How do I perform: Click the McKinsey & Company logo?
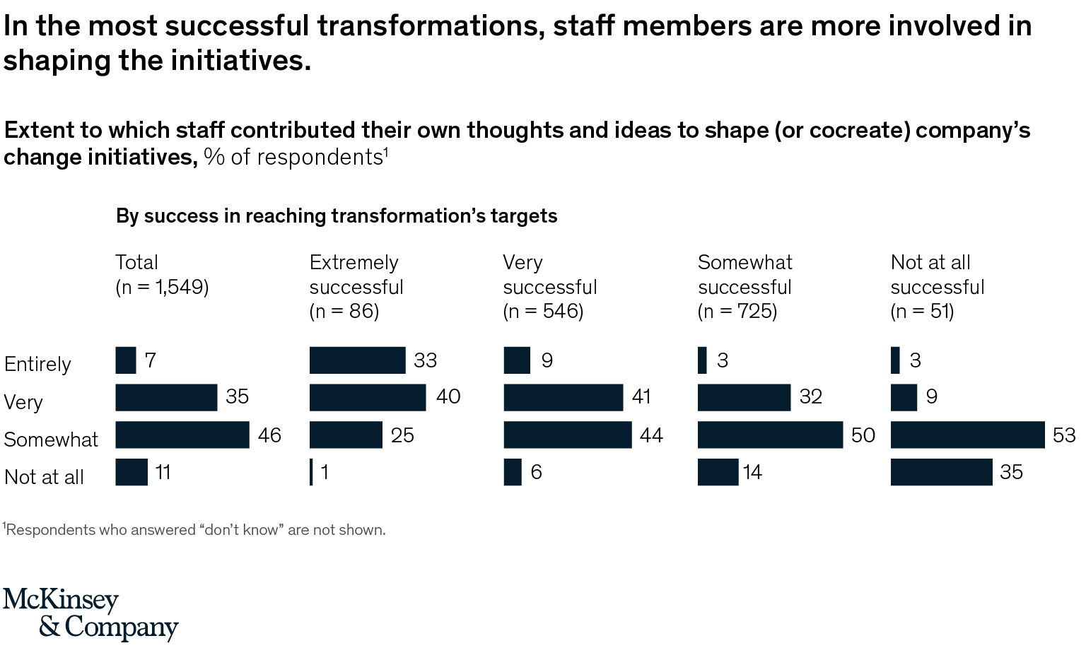point(90,613)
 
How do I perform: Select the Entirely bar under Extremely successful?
point(357,360)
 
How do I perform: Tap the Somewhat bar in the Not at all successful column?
point(967,435)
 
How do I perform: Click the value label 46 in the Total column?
point(269,435)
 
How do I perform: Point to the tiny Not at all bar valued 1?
point(311,472)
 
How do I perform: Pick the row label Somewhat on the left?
point(51,440)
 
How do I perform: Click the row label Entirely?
point(37,364)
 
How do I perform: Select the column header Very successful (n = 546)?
point(549,286)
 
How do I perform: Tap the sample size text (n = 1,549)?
point(162,287)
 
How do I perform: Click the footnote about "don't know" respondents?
point(194,530)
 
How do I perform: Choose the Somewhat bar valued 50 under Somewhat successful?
point(770,435)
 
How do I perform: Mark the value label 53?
point(1063,435)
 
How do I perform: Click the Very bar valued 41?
point(563,397)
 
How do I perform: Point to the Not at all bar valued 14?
point(718,472)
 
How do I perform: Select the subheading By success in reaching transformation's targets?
point(337,216)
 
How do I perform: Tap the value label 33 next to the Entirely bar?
point(425,360)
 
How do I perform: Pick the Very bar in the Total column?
point(166,397)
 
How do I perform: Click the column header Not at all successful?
point(937,286)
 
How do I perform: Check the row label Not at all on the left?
point(44,477)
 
